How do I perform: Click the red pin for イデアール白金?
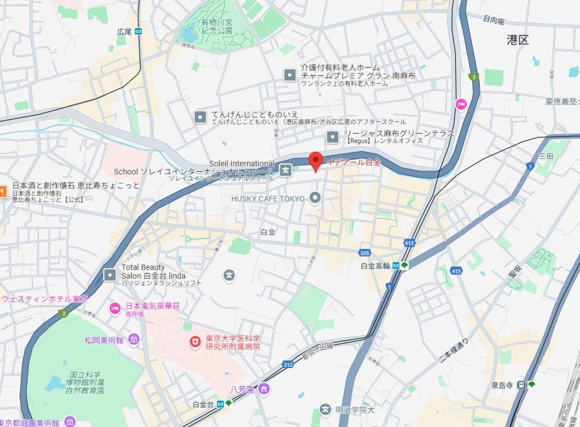pos(316,161)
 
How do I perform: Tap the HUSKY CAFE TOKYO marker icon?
pos(315,198)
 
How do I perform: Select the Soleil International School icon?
pos(286,169)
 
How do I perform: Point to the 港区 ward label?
pos(518,40)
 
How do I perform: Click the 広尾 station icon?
pos(138,31)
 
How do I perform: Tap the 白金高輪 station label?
pos(376,266)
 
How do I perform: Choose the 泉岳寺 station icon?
pos(520,384)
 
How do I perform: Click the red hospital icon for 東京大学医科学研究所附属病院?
pos(196,342)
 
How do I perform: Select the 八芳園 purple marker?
pos(264,389)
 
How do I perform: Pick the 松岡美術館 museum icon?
pos(134,340)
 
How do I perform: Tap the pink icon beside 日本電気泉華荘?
pos(115,307)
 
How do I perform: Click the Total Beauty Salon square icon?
pos(110,275)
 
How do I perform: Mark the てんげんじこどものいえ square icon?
pos(199,117)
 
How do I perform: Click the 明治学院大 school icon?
pos(325,410)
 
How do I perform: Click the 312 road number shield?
pos(288,364)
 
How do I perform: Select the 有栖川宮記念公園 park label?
pos(216,26)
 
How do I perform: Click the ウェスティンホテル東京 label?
pos(45,298)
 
